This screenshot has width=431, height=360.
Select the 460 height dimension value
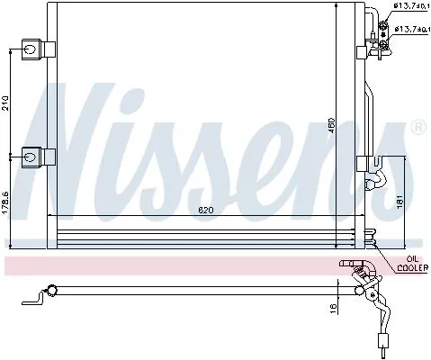330,126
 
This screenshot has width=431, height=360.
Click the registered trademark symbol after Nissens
418,129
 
